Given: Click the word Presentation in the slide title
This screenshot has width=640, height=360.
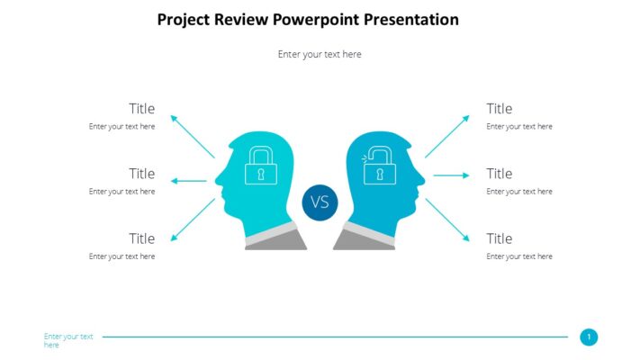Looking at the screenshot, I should pyautogui.click(x=410, y=20).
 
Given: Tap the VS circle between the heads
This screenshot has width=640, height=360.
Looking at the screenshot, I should pyautogui.click(x=320, y=202).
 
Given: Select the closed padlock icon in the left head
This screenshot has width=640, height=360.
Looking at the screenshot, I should pyautogui.click(x=261, y=166).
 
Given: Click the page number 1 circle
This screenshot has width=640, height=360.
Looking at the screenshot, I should pyautogui.click(x=589, y=337).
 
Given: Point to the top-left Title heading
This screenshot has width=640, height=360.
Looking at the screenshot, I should pyautogui.click(x=141, y=109).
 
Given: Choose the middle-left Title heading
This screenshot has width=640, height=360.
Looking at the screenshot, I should pyautogui.click(x=141, y=174).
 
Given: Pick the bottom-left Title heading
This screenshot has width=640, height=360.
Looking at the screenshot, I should pyautogui.click(x=141, y=238).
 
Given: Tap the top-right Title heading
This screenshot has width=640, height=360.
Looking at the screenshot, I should pyautogui.click(x=500, y=109).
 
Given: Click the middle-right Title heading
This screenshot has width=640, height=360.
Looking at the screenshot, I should pyautogui.click(x=500, y=174).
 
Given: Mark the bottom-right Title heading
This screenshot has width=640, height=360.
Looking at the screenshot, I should pyautogui.click(x=500, y=238).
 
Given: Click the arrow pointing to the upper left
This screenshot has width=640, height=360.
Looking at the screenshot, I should pyautogui.click(x=192, y=136).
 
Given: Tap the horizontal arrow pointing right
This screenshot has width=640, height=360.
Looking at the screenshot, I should pyautogui.click(x=451, y=175).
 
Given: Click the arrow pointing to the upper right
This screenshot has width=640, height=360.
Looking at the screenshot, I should pyautogui.click(x=447, y=136).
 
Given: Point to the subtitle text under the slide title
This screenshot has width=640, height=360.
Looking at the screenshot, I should pyautogui.click(x=320, y=54).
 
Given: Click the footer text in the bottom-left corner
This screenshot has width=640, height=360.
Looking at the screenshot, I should pyautogui.click(x=68, y=340).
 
